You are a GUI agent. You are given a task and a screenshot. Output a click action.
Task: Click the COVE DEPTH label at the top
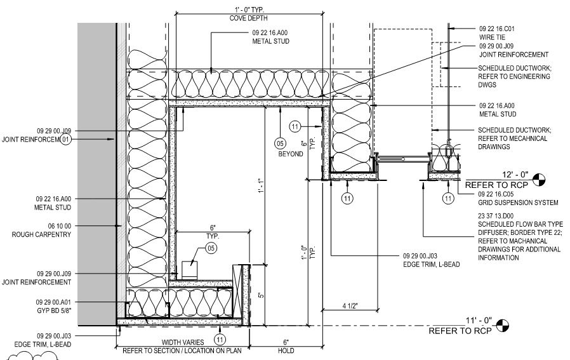pyautogui.click(x=249, y=18)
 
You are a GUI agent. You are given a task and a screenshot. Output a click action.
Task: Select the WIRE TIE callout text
pyautogui.click(x=492, y=37)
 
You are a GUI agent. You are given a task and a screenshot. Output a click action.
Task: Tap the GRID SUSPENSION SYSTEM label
pyautogui.click(x=518, y=203)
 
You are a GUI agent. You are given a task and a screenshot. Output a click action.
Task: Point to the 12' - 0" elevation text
pyautogui.click(x=515, y=175)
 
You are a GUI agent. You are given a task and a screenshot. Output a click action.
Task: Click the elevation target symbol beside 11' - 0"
pyautogui.click(x=503, y=326)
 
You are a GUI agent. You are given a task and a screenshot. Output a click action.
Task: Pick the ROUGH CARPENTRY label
pyautogui.click(x=41, y=234)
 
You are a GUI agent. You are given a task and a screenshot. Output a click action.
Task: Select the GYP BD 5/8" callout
pyautogui.click(x=54, y=310)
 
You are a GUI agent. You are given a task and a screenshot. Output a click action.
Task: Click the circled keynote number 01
pyautogui.click(x=65, y=139)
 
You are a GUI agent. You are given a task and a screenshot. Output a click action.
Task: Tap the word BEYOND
pyautogui.click(x=291, y=154)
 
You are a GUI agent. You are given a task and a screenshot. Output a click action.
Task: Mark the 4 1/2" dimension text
pyautogui.click(x=350, y=306)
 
